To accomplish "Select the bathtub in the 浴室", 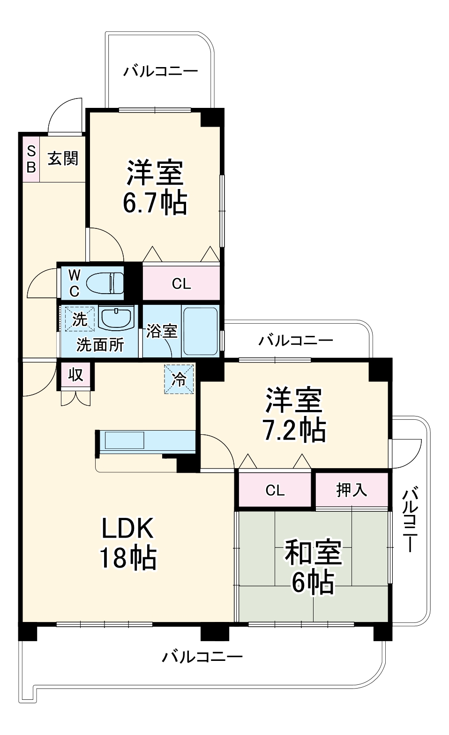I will click(x=200, y=331).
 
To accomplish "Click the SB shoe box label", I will click(x=31, y=159).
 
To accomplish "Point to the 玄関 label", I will click(x=63, y=159).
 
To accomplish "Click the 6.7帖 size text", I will click(x=155, y=203).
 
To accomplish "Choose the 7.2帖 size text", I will click(x=294, y=429).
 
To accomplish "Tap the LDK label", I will click(x=127, y=529).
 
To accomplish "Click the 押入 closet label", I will click(x=352, y=490).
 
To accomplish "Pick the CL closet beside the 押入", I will click(x=275, y=490).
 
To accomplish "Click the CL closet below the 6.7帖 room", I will click(x=181, y=284).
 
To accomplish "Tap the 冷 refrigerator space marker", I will click(x=179, y=379).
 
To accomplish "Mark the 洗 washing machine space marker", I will click(x=79, y=319).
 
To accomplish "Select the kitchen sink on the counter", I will click(x=124, y=440).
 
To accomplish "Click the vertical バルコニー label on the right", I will click(x=410, y=520).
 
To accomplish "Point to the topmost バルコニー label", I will click(x=160, y=72).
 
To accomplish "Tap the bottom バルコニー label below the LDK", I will click(x=202, y=656).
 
